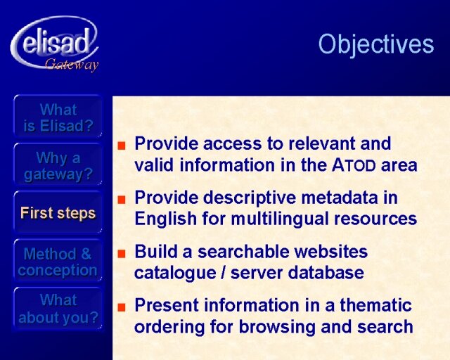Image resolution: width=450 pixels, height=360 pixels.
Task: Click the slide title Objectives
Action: pyautogui.click(x=376, y=44)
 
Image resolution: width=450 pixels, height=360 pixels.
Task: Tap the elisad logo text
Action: pyautogui.click(x=56, y=44)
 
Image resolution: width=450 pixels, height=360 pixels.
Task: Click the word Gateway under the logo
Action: pyautogui.click(x=72, y=65)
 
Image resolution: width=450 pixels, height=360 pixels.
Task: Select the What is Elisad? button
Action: pyautogui.click(x=58, y=117)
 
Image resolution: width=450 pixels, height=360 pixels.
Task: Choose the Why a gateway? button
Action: pyautogui.click(x=58, y=166)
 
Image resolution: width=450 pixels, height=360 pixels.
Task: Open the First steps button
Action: pyautogui.click(x=58, y=213)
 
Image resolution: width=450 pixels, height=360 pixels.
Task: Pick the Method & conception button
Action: pyautogui.click(x=58, y=262)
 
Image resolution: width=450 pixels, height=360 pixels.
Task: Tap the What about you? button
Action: pyautogui.click(x=58, y=309)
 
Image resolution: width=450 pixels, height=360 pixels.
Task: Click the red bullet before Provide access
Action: pyautogui.click(x=122, y=146)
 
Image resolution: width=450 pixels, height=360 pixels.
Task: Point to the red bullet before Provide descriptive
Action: pyautogui.click(x=122, y=199)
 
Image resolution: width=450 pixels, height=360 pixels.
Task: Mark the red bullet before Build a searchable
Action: pyautogui.click(x=122, y=254)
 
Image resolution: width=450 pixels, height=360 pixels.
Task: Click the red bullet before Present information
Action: pyautogui.click(x=122, y=307)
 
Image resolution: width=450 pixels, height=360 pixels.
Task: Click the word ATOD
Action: pyautogui.click(x=354, y=165)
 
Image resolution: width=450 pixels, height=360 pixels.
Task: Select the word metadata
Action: pyautogui.click(x=340, y=198)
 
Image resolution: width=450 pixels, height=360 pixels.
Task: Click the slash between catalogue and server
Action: pyautogui.click(x=224, y=273)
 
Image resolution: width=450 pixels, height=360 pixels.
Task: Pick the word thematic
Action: pyautogui.click(x=376, y=305)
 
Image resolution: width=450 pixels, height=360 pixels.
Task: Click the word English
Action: pyautogui.click(x=166, y=219)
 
